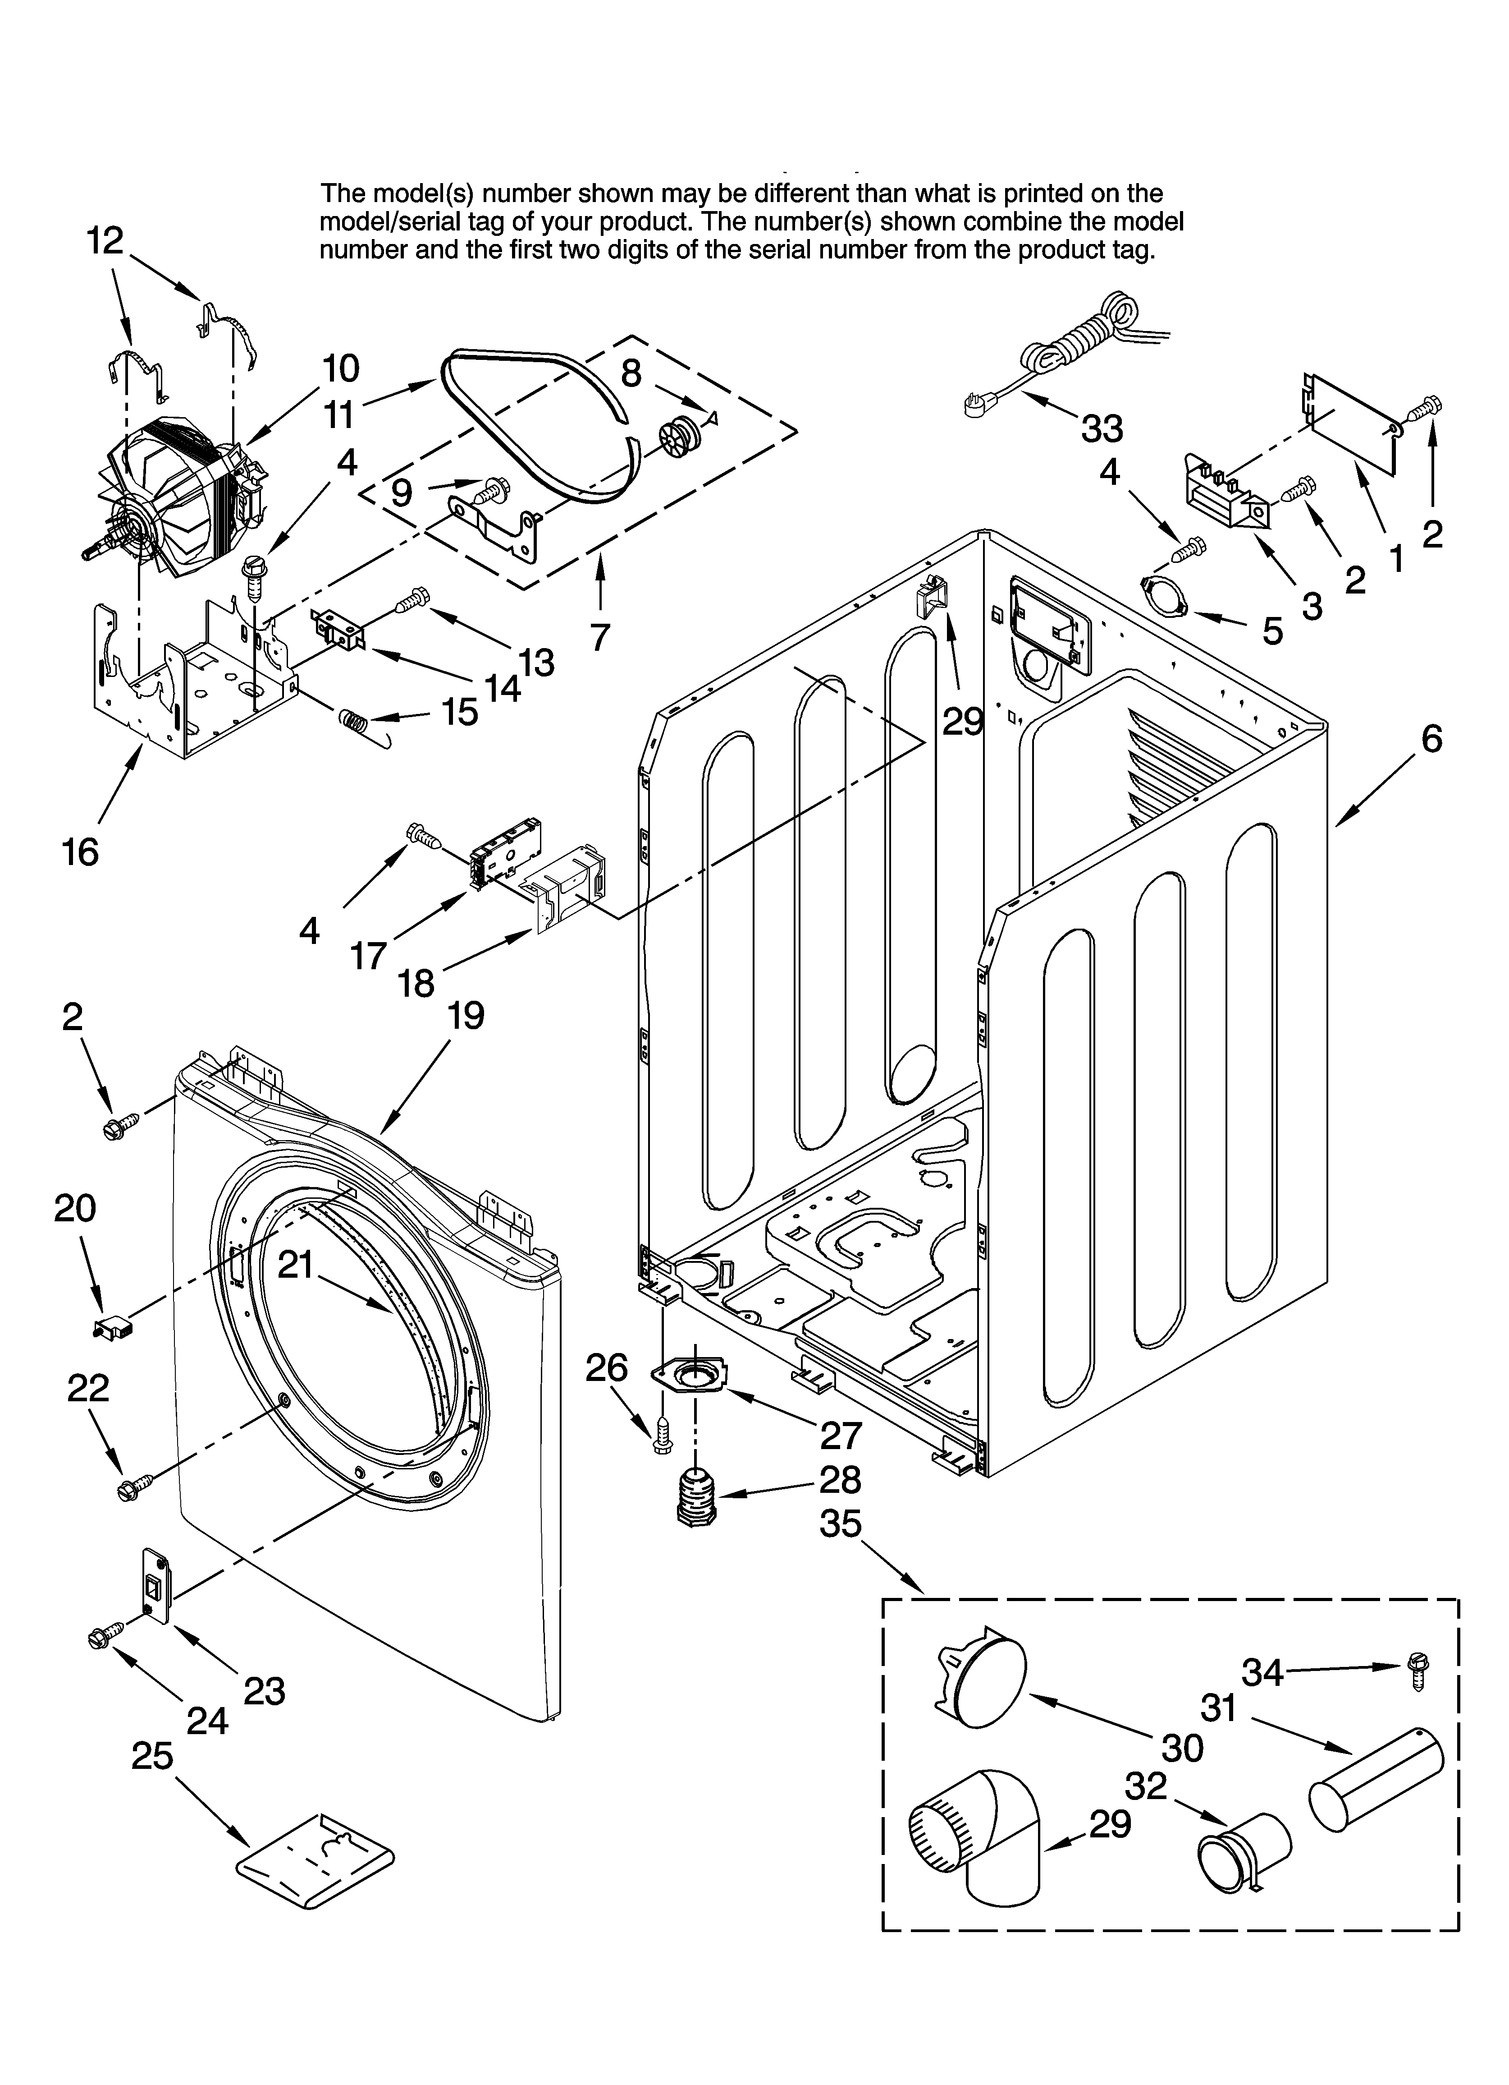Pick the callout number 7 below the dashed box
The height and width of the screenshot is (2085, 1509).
[600, 636]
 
